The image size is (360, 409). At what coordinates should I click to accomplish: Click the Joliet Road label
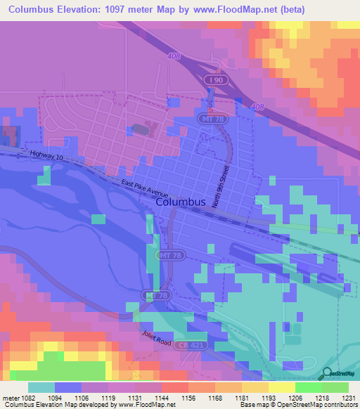(x=155, y=339)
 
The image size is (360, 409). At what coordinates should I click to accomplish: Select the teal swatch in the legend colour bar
(x=41, y=387)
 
